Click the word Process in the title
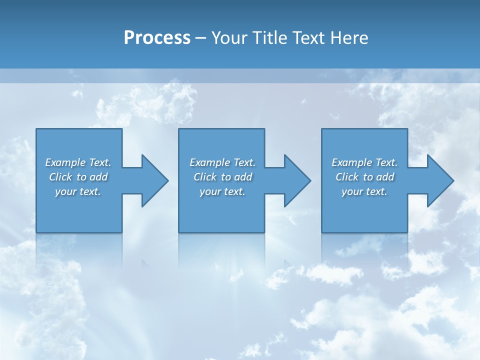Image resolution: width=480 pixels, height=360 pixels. (157, 38)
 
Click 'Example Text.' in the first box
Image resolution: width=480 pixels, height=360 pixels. (78, 162)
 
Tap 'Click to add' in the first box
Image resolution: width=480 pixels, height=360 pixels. (78, 177)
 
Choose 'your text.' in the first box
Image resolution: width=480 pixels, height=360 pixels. (78, 191)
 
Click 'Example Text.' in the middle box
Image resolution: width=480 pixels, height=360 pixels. (222, 162)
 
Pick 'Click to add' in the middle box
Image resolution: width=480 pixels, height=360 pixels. (223, 177)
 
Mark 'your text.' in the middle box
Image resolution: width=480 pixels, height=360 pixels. (222, 191)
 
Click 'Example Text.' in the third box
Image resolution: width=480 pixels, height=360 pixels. (364, 162)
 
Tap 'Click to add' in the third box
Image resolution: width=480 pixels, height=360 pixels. (365, 177)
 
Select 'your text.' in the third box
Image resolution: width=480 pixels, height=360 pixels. (364, 191)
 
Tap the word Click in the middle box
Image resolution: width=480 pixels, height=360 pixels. (205, 177)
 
